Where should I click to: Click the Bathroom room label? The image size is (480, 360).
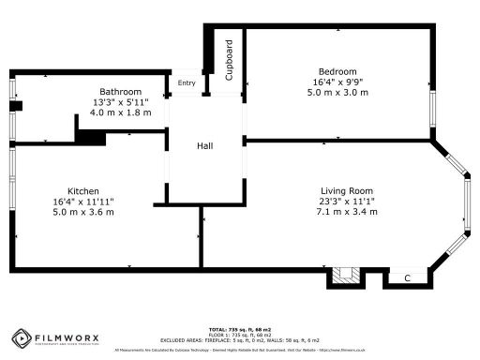(x=121, y=91)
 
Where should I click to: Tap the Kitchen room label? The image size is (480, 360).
(x=83, y=189)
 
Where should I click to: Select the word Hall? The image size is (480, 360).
(x=205, y=147)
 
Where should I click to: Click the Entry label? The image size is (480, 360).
(x=187, y=82)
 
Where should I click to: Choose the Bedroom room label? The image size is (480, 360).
(x=337, y=71)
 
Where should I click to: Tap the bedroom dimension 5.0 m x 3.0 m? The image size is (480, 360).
(x=337, y=93)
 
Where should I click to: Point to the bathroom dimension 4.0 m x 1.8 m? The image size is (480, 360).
(x=121, y=112)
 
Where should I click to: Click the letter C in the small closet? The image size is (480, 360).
(x=406, y=278)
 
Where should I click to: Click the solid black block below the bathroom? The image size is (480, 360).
(x=89, y=137)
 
